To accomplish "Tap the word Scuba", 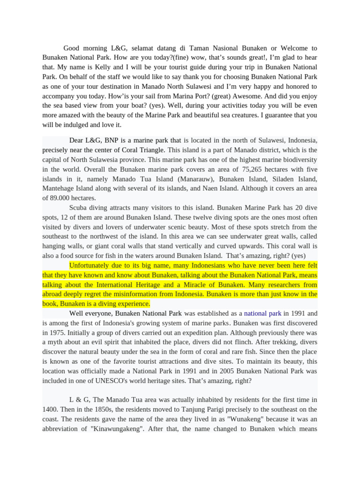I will tap(79, 208).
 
